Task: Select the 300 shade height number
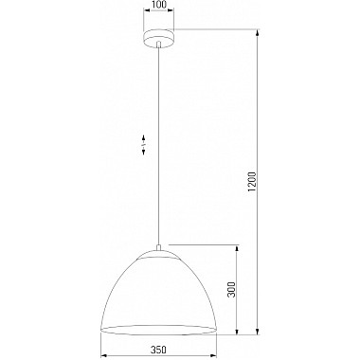[x=230, y=288]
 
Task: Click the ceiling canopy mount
[x=158, y=37]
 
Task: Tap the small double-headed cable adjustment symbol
[x=143, y=145]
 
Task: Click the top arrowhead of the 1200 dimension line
[x=259, y=33]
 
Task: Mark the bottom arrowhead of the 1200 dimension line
[x=259, y=332]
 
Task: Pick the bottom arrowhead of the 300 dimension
[x=237, y=332]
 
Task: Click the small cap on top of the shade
[x=158, y=253]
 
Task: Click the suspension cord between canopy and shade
[x=158, y=142]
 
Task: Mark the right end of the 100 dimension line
[x=175, y=13]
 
